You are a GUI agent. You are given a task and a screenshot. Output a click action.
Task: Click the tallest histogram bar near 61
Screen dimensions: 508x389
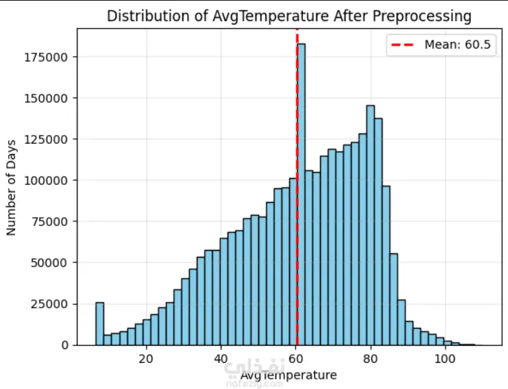[301, 194]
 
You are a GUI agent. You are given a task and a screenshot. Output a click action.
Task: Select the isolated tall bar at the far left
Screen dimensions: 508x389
[100, 324]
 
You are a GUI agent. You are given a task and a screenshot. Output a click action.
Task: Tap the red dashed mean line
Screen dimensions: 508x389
[297, 187]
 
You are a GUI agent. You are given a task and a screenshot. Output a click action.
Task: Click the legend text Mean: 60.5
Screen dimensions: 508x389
[457, 45]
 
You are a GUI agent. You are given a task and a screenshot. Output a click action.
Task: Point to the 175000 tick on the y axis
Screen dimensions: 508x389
[46, 58]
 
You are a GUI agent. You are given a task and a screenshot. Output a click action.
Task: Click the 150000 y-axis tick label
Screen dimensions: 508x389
[46, 99]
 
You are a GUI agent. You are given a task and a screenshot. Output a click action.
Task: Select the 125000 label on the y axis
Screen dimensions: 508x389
[46, 140]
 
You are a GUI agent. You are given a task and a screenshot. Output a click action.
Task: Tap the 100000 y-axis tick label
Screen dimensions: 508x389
[46, 181]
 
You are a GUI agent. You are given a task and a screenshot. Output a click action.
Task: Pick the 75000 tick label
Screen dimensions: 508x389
[49, 222]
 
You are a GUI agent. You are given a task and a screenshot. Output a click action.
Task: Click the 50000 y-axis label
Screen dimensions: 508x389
[49, 263]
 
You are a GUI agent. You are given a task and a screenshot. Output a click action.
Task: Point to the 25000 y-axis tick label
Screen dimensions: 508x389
[49, 304]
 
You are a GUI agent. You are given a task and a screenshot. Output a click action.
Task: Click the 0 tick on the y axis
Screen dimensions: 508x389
[65, 345]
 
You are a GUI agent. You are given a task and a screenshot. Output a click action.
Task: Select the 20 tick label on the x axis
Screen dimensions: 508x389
[146, 359]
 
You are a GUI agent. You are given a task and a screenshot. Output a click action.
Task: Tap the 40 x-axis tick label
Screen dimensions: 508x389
[221, 359]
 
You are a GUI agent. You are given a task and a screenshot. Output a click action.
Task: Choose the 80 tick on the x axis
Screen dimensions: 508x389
[370, 359]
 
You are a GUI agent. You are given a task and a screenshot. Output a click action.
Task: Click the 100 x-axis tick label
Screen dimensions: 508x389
[445, 359]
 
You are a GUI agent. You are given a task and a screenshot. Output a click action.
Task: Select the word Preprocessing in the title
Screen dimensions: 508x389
[422, 17]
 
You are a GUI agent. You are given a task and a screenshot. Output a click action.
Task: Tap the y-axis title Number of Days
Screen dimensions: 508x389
[11, 188]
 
